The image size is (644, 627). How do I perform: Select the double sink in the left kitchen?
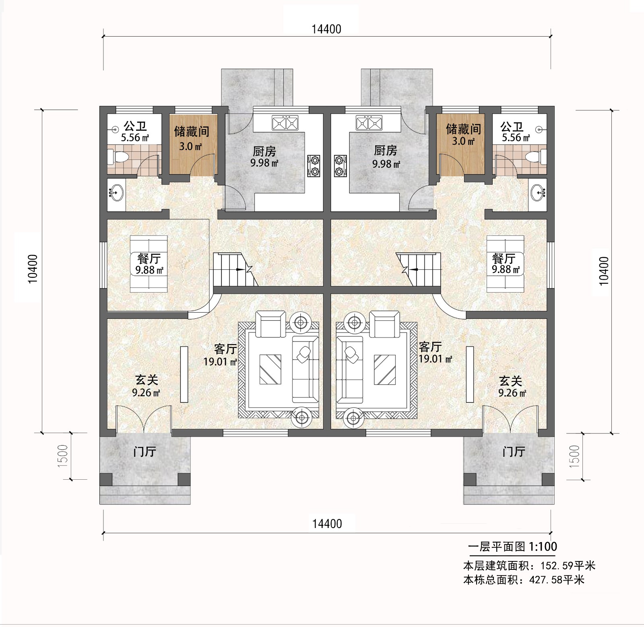[x=285, y=123]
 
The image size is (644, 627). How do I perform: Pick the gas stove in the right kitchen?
[x=340, y=166]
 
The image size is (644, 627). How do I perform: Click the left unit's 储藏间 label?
[x=192, y=132]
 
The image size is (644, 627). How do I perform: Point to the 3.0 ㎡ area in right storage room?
[x=463, y=141]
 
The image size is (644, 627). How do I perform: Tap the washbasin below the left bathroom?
[x=116, y=193]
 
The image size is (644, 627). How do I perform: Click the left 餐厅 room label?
[x=149, y=258]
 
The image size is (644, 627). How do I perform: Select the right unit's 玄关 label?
[x=510, y=380]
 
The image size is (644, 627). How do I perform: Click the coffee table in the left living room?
[x=270, y=369]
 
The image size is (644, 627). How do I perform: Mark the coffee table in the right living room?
[x=384, y=369]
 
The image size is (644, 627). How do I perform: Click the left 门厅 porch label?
[x=144, y=452]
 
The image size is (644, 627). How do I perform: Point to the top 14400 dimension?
[x=326, y=29]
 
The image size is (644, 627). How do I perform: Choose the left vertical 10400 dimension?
[x=33, y=269]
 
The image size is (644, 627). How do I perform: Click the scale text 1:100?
[x=543, y=547]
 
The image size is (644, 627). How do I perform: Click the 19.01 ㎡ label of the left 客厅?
[x=220, y=361]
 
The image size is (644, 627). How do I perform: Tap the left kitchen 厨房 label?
[x=264, y=151]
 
